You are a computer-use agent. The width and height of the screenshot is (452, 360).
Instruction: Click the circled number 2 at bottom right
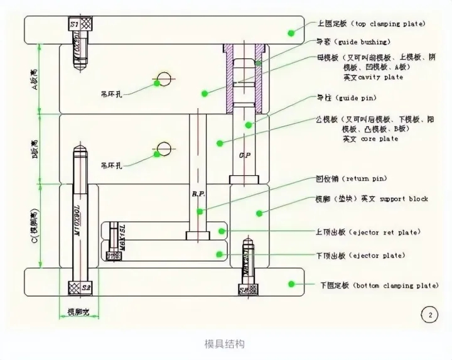(430, 315)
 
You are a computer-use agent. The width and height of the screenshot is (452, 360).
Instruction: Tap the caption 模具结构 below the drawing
(224, 344)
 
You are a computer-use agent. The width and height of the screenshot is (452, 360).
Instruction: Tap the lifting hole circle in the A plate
(164, 79)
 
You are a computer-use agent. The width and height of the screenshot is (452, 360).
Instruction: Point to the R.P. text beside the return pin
(198, 194)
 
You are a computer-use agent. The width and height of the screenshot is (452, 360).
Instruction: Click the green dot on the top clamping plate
(291, 32)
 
